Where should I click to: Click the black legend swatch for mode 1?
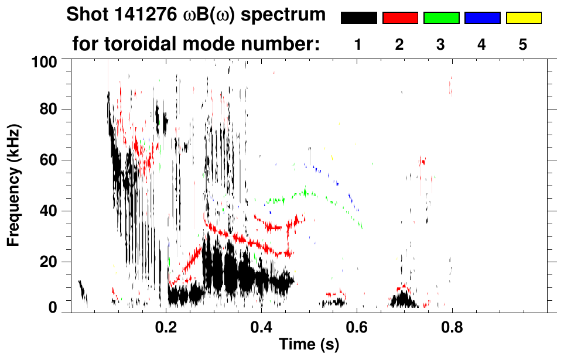(359, 18)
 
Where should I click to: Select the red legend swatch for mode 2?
(400, 18)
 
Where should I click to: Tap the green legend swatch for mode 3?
(441, 18)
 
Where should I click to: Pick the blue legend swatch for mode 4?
(482, 18)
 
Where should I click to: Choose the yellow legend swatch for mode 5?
(523, 18)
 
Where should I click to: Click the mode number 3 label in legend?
(440, 44)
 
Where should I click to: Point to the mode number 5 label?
(522, 44)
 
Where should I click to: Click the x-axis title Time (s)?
(309, 345)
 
